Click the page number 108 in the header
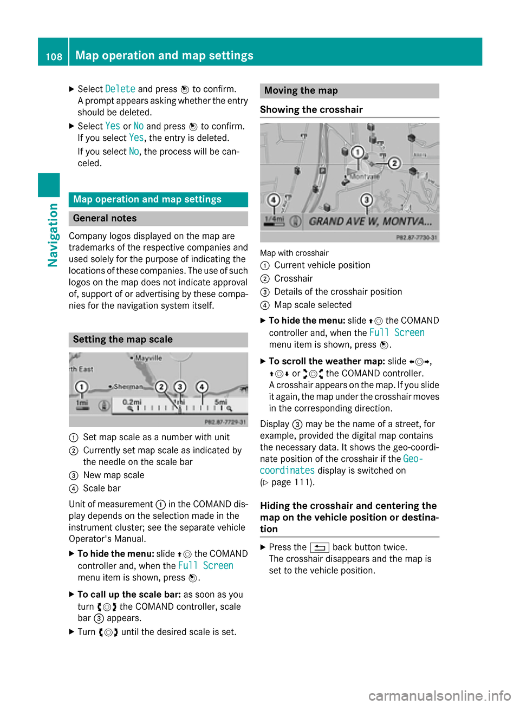click(54, 56)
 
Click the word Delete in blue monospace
click(120, 89)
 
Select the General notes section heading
click(105, 218)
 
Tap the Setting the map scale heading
click(123, 340)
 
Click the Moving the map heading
click(301, 90)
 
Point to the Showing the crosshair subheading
click(311, 109)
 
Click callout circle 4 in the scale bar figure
click(202, 387)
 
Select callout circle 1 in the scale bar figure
click(81, 387)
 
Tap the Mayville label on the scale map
click(148, 358)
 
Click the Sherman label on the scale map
click(128, 387)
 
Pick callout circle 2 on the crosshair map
click(394, 162)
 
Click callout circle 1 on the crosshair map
click(357, 152)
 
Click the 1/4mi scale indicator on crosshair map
click(274, 220)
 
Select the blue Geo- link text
click(413, 459)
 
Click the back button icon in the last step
click(320, 547)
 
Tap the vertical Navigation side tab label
click(53, 234)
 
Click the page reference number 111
click(303, 482)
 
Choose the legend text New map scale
click(114, 475)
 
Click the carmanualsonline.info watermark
click(439, 695)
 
